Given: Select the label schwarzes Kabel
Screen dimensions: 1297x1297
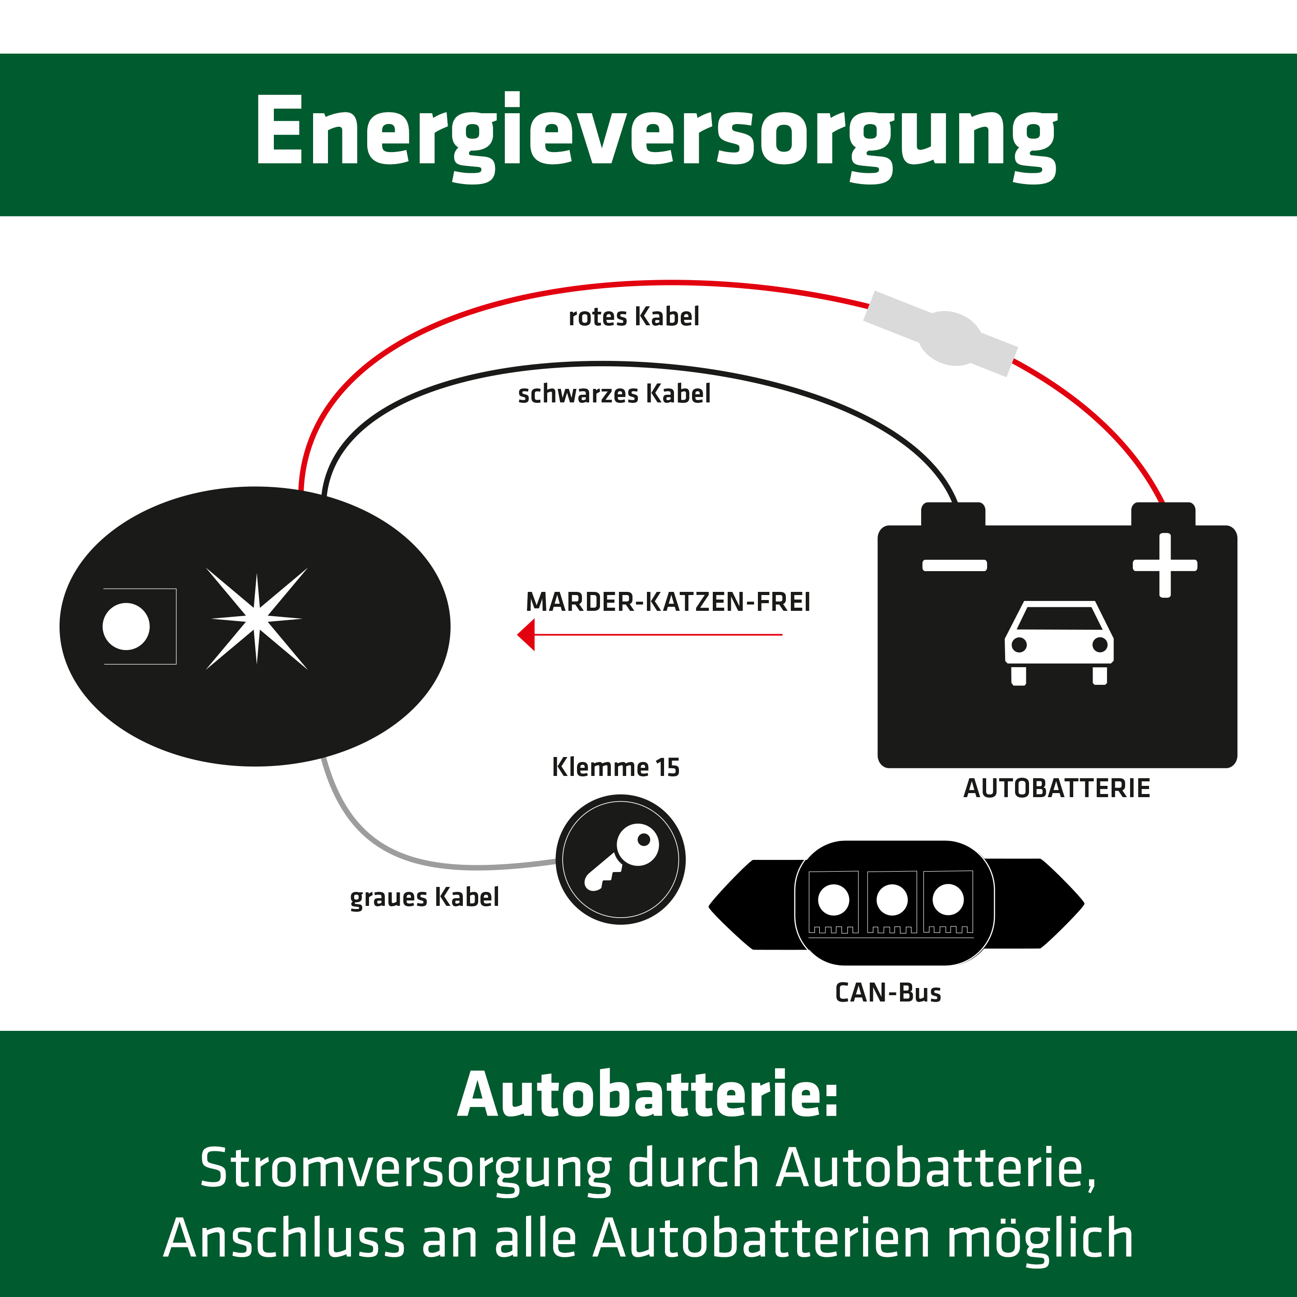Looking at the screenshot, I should (614, 394).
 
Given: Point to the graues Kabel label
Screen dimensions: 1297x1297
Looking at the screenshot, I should (424, 898).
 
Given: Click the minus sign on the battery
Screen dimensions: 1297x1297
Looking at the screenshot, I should (954, 565).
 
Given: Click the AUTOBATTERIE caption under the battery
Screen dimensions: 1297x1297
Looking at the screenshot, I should (1057, 788).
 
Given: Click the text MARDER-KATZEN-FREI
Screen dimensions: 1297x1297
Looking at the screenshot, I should (668, 602).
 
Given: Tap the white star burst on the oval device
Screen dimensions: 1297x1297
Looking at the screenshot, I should (256, 618).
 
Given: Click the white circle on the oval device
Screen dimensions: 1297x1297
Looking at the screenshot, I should (126, 626).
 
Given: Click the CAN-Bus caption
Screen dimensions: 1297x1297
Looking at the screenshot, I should (887, 993).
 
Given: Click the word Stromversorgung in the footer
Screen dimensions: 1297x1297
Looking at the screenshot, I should (406, 1168).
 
